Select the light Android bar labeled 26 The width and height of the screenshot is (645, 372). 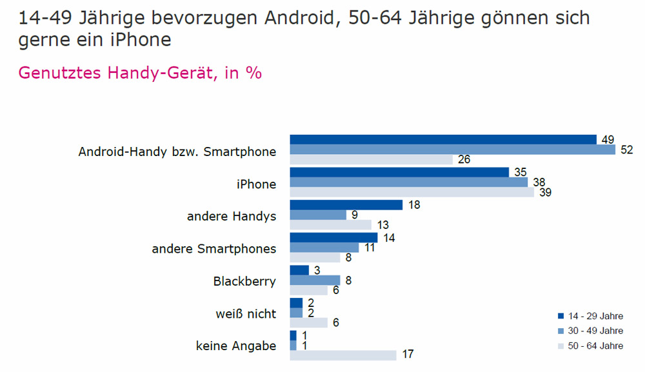[x=372, y=160]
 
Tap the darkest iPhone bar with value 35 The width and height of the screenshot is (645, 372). [x=400, y=172]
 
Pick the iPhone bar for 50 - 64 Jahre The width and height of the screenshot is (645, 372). [x=412, y=192]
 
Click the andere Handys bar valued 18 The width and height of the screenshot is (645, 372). [x=346, y=204]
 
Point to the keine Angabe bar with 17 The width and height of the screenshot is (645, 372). [x=343, y=355]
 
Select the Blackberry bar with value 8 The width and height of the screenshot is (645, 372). [x=315, y=280]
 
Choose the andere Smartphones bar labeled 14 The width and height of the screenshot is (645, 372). [x=333, y=237]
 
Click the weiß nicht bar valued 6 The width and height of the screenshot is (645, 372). [x=309, y=322]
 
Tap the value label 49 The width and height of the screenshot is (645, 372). [x=606, y=140]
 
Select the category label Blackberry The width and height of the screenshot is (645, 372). [x=244, y=282]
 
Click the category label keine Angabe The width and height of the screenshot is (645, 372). [x=235, y=346]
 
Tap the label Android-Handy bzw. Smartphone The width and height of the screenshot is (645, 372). [x=177, y=153]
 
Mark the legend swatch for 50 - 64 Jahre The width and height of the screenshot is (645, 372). [x=561, y=346]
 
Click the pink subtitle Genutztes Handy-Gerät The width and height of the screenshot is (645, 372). [x=140, y=73]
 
